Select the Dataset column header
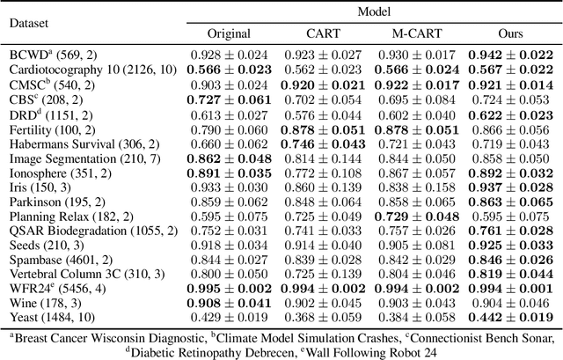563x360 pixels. pos(29,24)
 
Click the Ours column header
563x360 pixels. pos(513,33)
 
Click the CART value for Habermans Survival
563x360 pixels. pos(324,143)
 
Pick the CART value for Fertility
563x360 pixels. pos(324,129)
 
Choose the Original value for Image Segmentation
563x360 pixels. pos(229,159)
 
